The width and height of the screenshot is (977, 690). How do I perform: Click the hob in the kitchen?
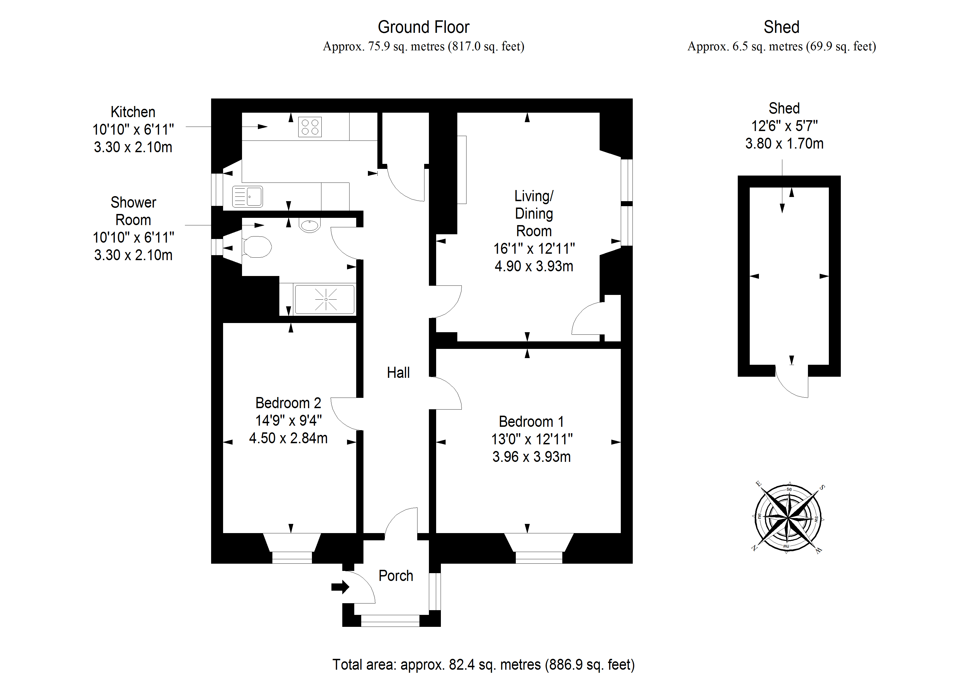(310, 127)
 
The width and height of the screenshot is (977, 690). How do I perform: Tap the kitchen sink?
(248, 197)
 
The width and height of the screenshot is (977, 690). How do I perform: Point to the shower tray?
(325, 299)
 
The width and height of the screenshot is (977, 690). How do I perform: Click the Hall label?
(398, 373)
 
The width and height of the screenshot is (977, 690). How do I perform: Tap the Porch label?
(396, 576)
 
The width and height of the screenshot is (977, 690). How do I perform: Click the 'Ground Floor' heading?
(423, 27)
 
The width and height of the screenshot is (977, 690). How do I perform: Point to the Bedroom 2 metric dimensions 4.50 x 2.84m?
(288, 438)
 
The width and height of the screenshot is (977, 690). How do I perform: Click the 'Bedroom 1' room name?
(531, 422)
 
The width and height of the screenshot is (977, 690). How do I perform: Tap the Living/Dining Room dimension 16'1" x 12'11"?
(534, 249)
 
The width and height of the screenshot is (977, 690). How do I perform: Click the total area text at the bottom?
(483, 664)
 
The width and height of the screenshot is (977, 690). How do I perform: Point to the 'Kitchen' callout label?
(133, 112)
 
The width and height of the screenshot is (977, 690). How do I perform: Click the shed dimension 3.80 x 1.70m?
(784, 144)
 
